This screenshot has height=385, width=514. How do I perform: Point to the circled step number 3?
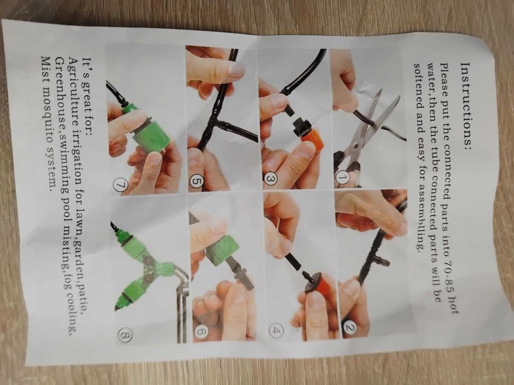tap(270, 179)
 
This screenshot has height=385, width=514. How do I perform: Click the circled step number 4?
tap(277, 330)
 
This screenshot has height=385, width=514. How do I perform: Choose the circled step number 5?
tap(196, 182)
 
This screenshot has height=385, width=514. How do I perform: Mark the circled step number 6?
tap(201, 332)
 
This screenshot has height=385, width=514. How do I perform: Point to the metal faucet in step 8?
tap(180, 301)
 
